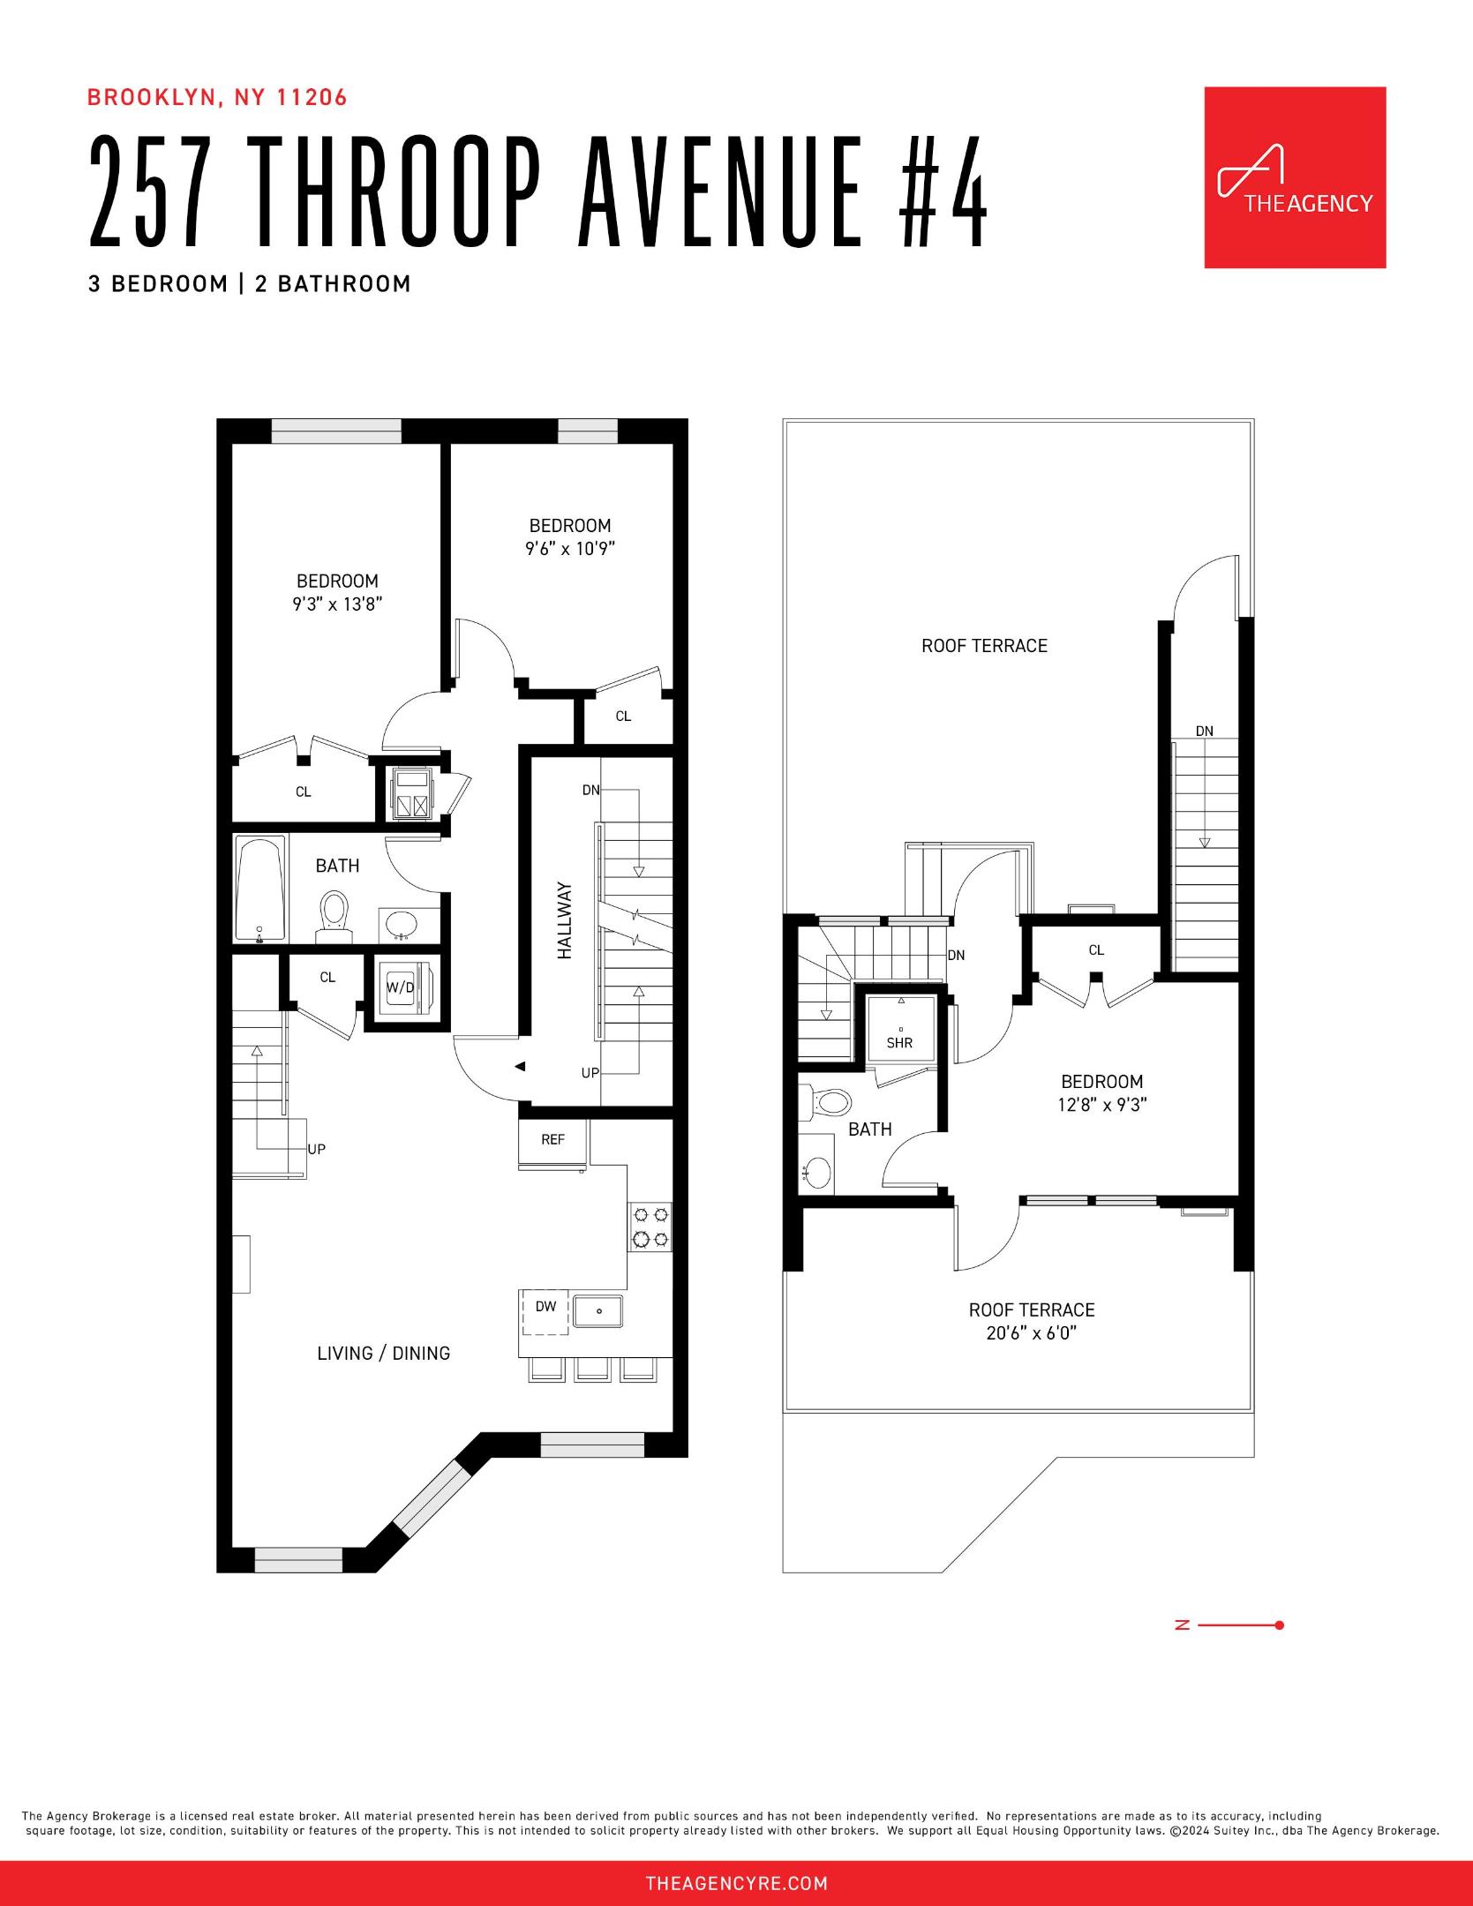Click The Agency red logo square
click(1295, 177)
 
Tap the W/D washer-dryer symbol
click(401, 987)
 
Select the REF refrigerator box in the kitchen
click(553, 1144)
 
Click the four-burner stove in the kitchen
click(650, 1226)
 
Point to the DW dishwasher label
click(546, 1306)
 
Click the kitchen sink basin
click(597, 1310)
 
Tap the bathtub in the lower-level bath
click(260, 889)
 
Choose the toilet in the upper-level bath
click(826, 1101)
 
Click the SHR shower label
click(900, 1042)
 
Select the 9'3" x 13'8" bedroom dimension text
click(338, 604)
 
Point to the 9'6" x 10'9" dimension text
click(570, 548)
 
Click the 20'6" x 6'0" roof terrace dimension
click(1032, 1332)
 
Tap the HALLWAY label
click(565, 921)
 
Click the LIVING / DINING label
click(384, 1353)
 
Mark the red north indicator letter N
click(1183, 1625)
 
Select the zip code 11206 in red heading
click(312, 97)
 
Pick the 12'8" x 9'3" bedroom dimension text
click(1102, 1104)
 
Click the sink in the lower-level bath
click(403, 923)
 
